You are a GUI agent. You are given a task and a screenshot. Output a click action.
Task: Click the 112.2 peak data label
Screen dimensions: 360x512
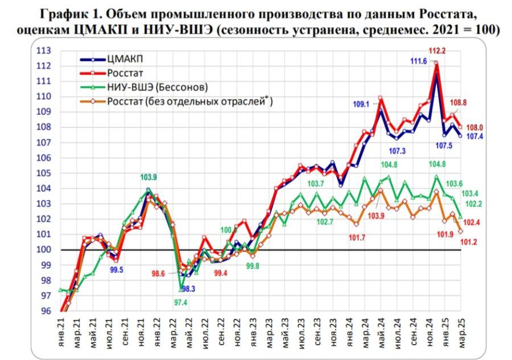(437, 51)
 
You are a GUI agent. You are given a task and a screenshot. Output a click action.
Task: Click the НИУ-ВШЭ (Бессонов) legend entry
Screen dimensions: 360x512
(156, 87)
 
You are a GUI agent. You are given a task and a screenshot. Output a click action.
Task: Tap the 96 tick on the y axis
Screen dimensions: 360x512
(44, 311)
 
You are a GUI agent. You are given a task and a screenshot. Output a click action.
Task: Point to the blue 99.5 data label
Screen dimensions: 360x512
(116, 270)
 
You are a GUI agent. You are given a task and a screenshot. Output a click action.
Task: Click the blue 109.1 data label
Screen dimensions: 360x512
(361, 104)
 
